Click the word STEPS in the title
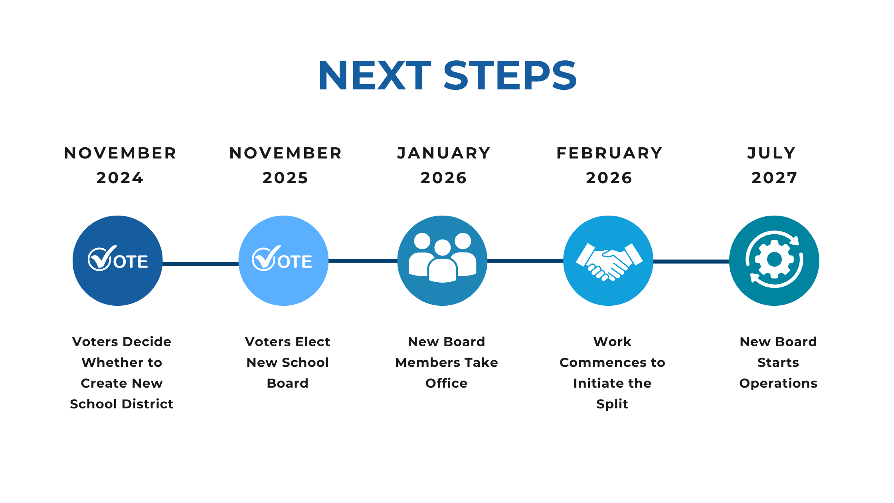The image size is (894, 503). click(510, 75)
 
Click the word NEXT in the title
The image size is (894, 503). click(374, 75)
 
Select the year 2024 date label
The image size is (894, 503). click(120, 178)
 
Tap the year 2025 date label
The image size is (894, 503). click(285, 178)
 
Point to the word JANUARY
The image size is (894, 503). click(444, 153)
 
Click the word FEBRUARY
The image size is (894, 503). click(609, 153)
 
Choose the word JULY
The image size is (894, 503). click(772, 153)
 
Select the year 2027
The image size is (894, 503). click(774, 178)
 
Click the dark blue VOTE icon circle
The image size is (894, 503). click(118, 261)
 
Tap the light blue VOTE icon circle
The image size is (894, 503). click(283, 261)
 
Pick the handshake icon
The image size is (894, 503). click(609, 262)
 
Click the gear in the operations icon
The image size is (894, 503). click(774, 259)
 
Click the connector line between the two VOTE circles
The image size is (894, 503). click(201, 264)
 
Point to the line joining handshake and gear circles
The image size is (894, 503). click(691, 261)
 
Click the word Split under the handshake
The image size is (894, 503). click(612, 404)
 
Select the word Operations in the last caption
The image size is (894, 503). click(778, 384)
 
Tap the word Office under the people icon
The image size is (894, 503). click(446, 383)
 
